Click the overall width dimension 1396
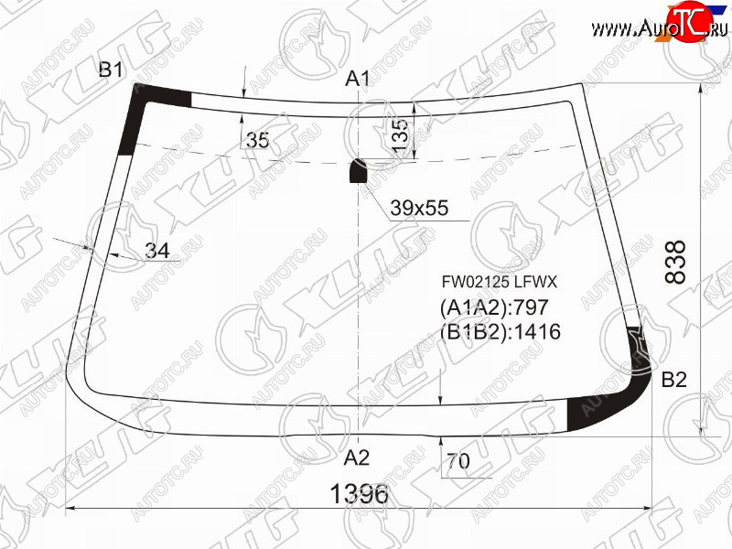pyautogui.click(x=359, y=493)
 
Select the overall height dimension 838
pyautogui.click(x=675, y=262)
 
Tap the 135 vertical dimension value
pyautogui.click(x=401, y=135)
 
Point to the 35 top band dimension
pyautogui.click(x=258, y=140)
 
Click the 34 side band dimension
pyautogui.click(x=157, y=251)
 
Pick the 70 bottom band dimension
pyautogui.click(x=458, y=461)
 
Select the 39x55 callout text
pyautogui.click(x=419, y=208)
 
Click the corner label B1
pyautogui.click(x=111, y=70)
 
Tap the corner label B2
pyautogui.click(x=674, y=380)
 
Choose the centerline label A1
pyautogui.click(x=357, y=79)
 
